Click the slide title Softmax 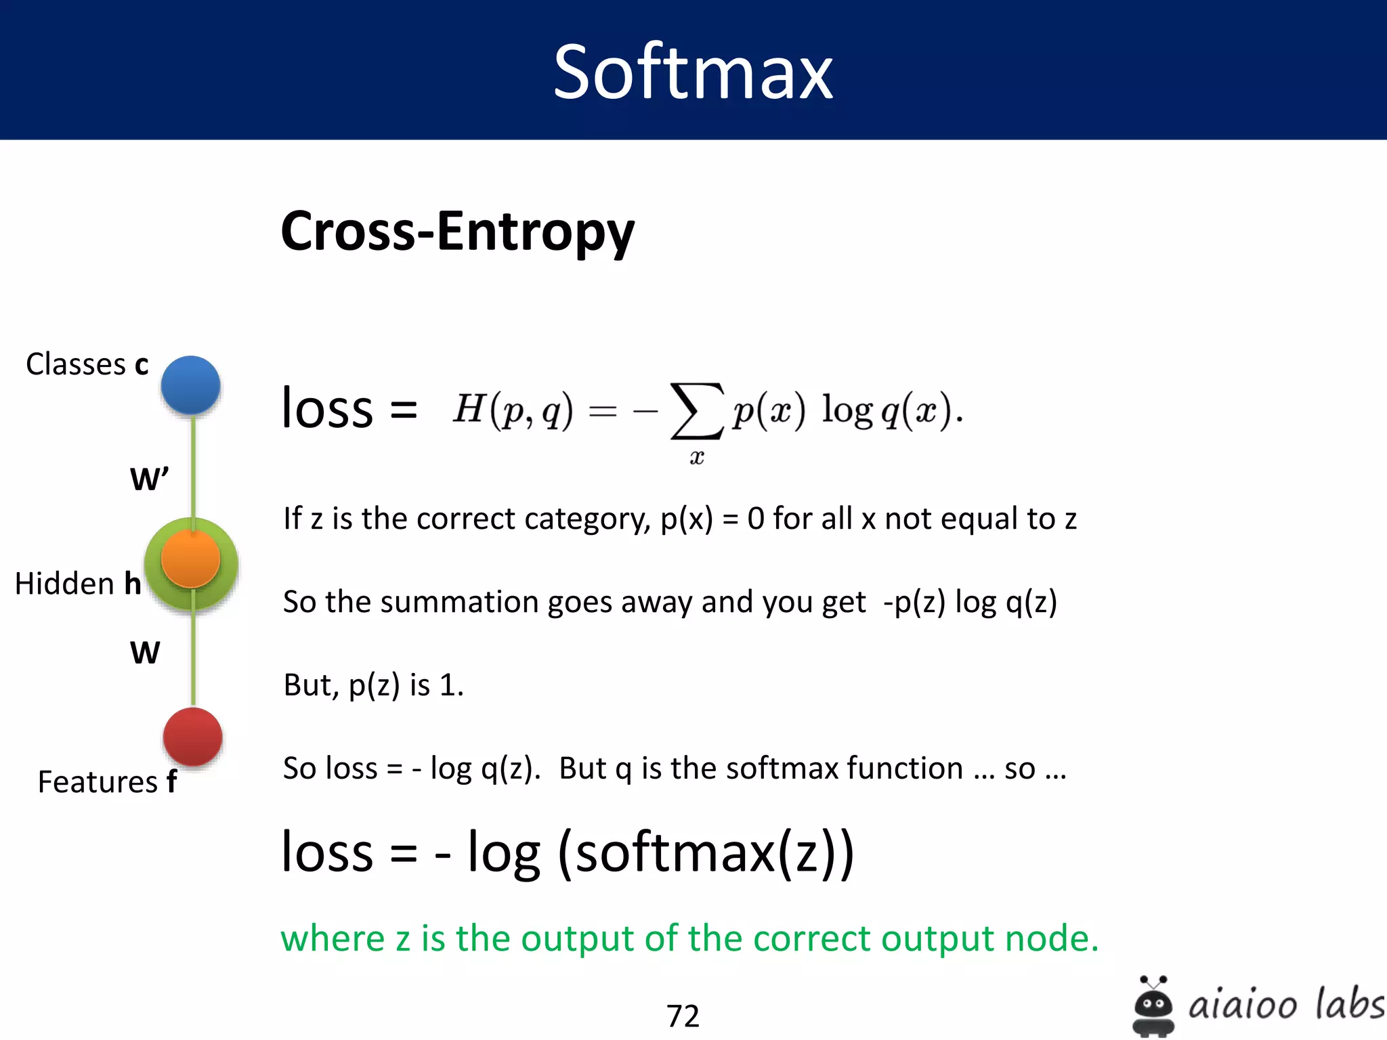click(693, 72)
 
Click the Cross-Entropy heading click(458, 232)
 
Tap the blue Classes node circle click(191, 385)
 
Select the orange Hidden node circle click(191, 559)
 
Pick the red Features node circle click(193, 737)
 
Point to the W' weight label click(149, 479)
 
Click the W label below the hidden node click(145, 653)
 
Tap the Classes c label click(87, 364)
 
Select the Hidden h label click(77, 584)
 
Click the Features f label click(107, 782)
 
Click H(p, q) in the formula click(513, 410)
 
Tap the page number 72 click(683, 1016)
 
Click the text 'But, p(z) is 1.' click(373, 685)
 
